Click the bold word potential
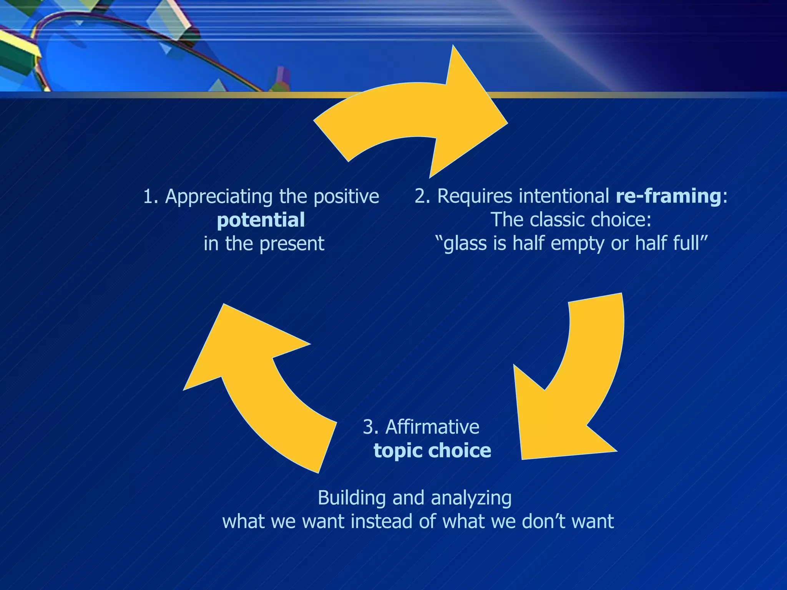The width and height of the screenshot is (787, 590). pyautogui.click(x=261, y=220)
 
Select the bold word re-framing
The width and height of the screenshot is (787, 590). pyautogui.click(x=668, y=196)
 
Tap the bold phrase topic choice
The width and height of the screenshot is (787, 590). pyautogui.click(x=432, y=451)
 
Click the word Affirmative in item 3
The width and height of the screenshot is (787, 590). pyautogui.click(x=432, y=427)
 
